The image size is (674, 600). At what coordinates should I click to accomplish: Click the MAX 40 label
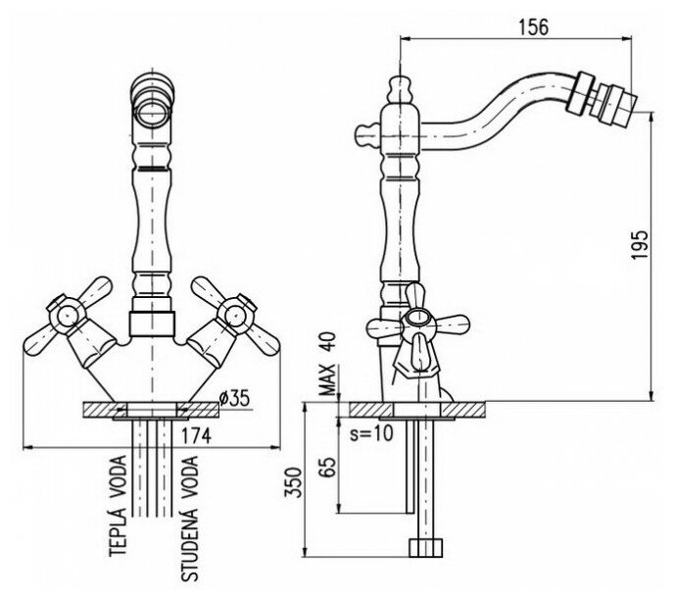click(x=328, y=362)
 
